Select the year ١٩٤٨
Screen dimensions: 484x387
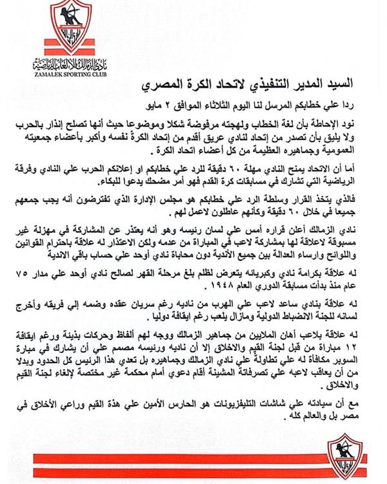183,301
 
